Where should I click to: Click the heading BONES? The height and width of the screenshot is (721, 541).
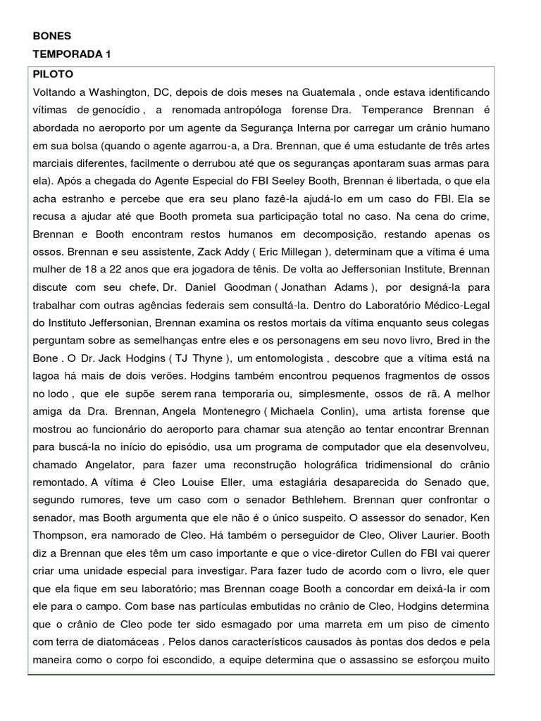click(52, 36)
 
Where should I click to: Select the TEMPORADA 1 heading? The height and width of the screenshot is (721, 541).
click(73, 54)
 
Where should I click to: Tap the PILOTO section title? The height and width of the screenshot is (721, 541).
click(53, 74)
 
